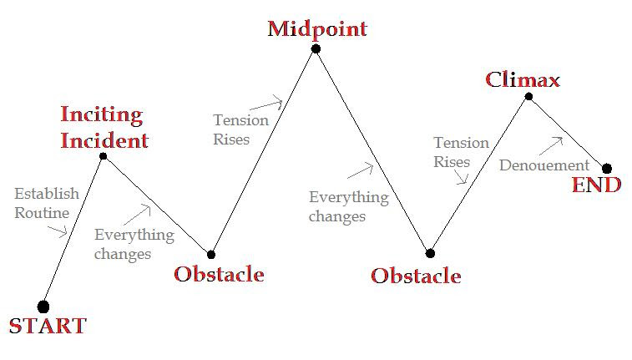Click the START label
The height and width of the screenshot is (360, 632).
click(x=48, y=326)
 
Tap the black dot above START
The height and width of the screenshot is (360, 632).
click(x=43, y=307)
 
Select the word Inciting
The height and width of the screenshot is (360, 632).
click(x=102, y=115)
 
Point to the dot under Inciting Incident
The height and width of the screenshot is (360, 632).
click(x=104, y=156)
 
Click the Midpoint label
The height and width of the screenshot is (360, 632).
click(x=317, y=28)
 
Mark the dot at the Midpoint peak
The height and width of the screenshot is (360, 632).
click(x=316, y=48)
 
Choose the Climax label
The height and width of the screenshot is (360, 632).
click(x=523, y=79)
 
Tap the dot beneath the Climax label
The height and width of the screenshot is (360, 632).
click(x=528, y=96)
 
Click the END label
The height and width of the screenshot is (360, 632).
click(x=597, y=185)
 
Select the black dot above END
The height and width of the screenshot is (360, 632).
click(x=607, y=169)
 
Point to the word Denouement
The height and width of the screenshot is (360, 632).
click(x=544, y=165)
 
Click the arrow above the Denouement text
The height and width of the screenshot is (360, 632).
click(x=551, y=145)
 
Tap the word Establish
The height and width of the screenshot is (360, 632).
click(x=47, y=194)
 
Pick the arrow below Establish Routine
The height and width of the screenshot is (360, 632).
click(x=58, y=231)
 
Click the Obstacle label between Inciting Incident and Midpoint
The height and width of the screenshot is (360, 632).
click(x=220, y=274)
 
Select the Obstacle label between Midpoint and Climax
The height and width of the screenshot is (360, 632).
click(x=416, y=276)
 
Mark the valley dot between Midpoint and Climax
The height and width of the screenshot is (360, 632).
click(x=430, y=253)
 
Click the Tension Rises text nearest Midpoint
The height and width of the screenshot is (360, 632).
click(x=240, y=129)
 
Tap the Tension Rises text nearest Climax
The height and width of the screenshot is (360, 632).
click(x=461, y=152)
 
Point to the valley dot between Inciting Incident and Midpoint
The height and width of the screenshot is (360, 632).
click(x=210, y=255)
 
